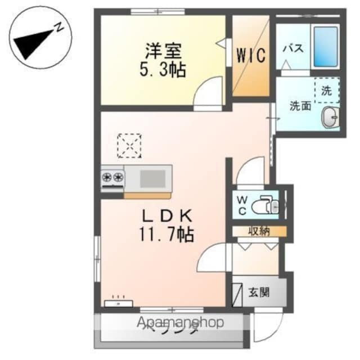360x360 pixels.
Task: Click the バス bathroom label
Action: [292, 48]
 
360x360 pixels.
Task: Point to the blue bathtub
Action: [326, 46]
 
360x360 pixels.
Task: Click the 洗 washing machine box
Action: [327, 89]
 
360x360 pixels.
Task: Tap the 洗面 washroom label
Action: [300, 105]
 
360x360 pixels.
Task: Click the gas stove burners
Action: [112, 179]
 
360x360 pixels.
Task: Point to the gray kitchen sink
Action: [152, 179]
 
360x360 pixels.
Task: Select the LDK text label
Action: [167, 215]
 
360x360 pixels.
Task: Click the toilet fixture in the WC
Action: [264, 206]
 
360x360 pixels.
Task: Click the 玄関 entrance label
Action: [259, 292]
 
